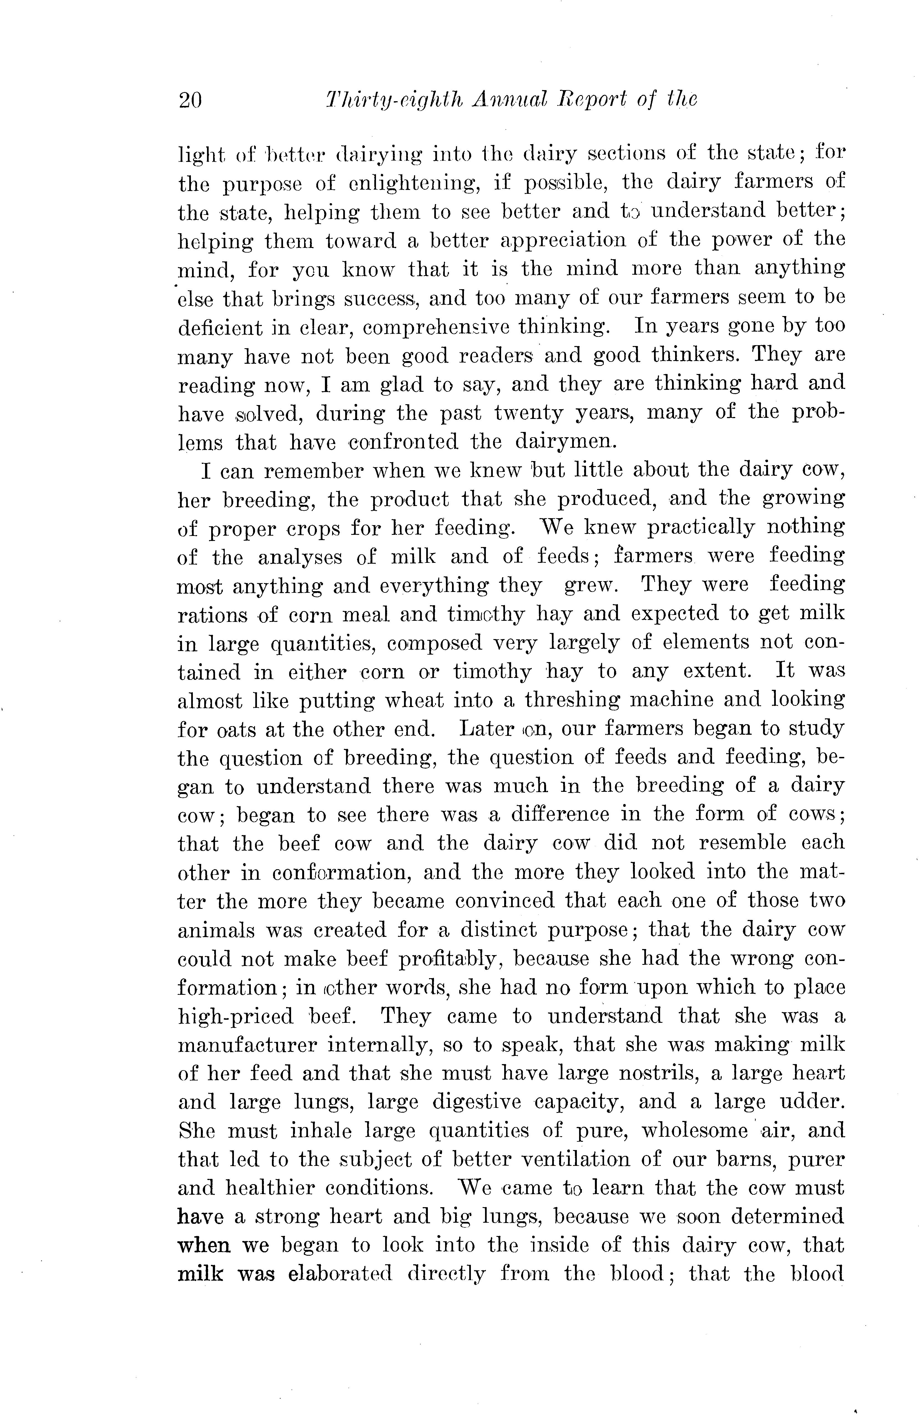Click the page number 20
tap(190, 99)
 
